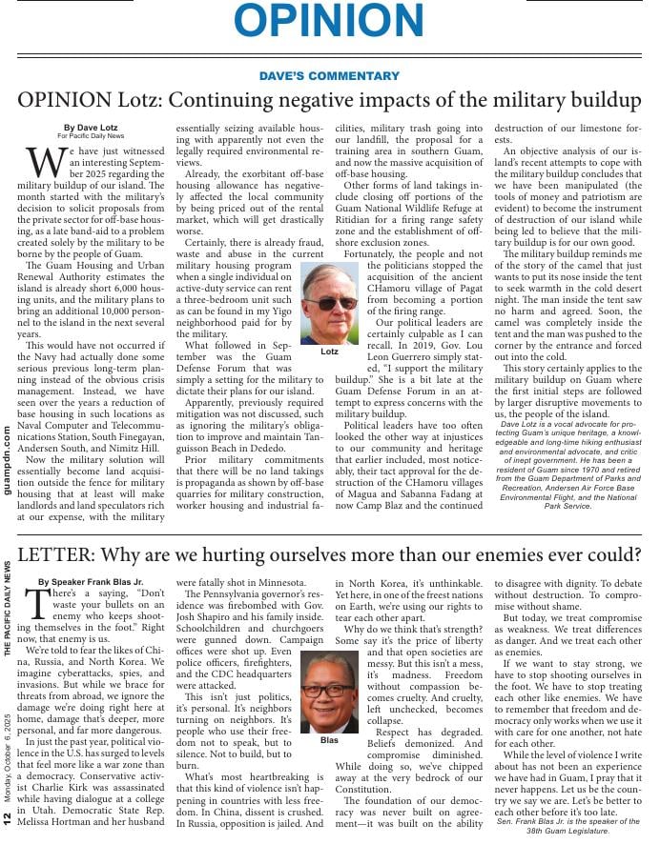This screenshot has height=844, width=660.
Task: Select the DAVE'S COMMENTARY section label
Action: pos(329,76)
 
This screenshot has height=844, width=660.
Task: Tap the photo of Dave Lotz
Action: pos(329,304)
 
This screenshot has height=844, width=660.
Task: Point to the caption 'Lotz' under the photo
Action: pos(329,352)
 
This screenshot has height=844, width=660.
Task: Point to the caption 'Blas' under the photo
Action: pos(329,738)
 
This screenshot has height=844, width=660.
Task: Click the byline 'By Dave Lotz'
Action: pos(90,127)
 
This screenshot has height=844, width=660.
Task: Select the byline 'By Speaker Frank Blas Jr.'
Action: pos(91,581)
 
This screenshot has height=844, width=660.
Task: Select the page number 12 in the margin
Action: pos(8,816)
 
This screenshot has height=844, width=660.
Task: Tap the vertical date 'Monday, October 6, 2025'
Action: pos(8,752)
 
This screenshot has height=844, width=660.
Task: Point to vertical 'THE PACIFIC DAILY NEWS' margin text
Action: pos(8,609)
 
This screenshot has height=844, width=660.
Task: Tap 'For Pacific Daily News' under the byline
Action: pos(90,136)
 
